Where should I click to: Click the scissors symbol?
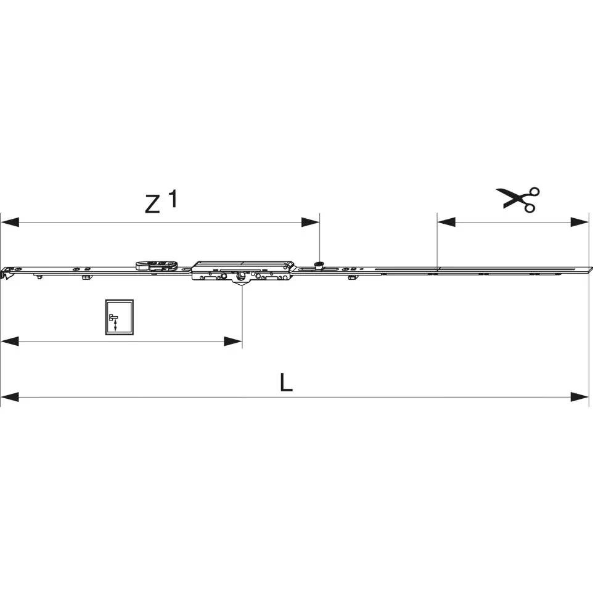pyautogui.click(x=519, y=199)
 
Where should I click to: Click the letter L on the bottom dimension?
pyautogui.click(x=286, y=382)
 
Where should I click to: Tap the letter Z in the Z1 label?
pyautogui.click(x=152, y=204)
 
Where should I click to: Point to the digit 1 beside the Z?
pyautogui.click(x=173, y=198)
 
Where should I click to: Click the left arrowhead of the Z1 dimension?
pyautogui.click(x=10, y=222)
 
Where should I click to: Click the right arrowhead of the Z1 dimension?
pyautogui.click(x=310, y=222)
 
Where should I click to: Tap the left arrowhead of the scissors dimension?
pyautogui.click(x=446, y=222)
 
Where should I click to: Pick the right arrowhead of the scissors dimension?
pyautogui.click(x=580, y=222)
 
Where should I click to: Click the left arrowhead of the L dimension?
pyautogui.click(x=10, y=397)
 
